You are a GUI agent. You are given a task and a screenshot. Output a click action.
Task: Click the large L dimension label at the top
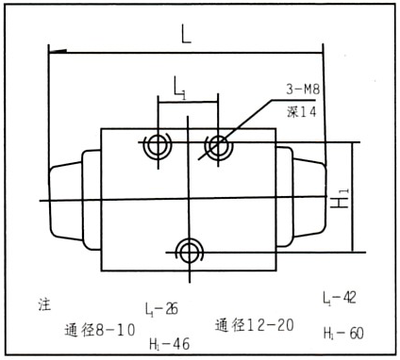pos(186,34)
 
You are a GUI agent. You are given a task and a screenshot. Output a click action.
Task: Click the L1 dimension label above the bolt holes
pos(180,89)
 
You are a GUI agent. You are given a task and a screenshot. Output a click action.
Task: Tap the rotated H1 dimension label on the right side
pos(340,198)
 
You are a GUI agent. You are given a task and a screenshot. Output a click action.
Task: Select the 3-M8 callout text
pos(303,90)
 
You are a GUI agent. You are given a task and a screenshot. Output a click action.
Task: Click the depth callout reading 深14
pos(301,112)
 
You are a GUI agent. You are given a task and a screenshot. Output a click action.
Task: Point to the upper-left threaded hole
pos(157,145)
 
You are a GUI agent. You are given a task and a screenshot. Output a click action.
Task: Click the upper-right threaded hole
pos(219,146)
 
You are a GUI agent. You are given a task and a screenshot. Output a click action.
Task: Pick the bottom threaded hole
pos(190,253)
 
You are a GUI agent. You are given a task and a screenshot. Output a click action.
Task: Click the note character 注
pos(44,304)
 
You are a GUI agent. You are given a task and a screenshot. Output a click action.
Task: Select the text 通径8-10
pos(100,330)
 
